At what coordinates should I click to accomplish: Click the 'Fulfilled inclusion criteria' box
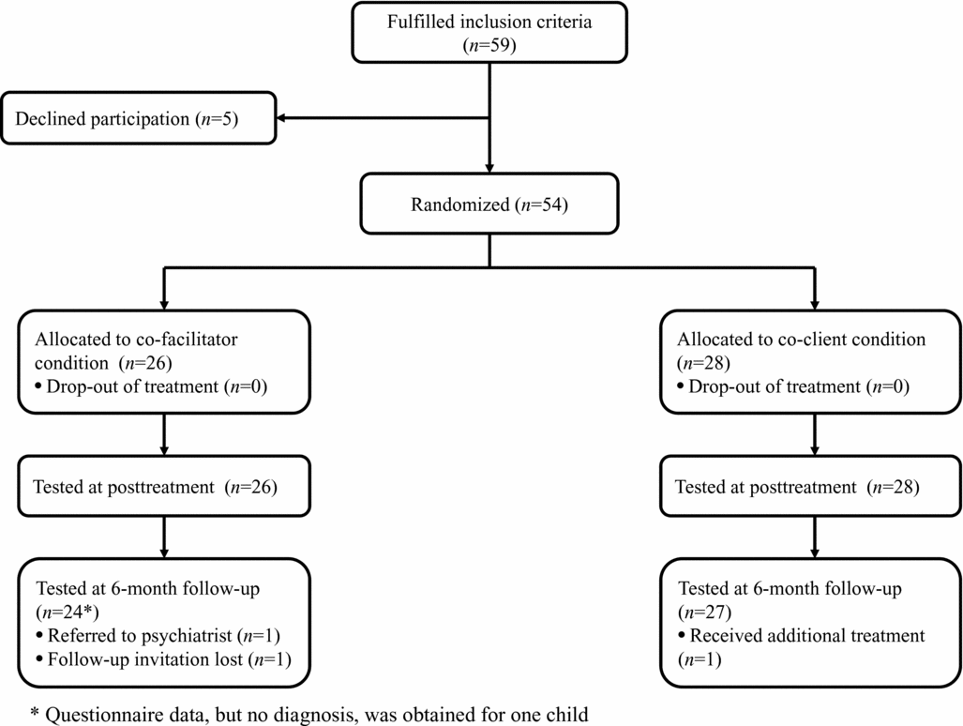(489, 32)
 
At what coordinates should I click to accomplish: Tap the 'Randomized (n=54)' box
(489, 204)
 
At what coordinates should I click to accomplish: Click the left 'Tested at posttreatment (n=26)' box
(165, 487)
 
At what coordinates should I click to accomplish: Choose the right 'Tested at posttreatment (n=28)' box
(812, 487)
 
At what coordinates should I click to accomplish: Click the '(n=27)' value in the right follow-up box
(699, 613)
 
